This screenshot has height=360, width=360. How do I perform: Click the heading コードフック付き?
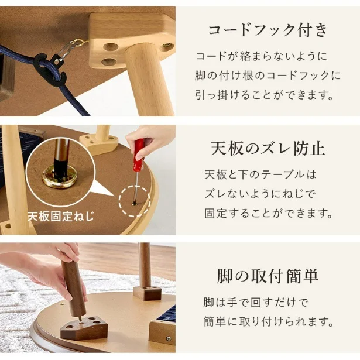(268, 30)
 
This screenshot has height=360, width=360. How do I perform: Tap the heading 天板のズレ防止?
(268, 148)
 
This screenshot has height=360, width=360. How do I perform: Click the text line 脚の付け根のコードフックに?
(268, 76)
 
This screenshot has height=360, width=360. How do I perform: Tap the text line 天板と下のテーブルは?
(260, 174)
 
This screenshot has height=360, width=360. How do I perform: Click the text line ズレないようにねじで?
(260, 193)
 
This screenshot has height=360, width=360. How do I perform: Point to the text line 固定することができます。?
(268, 212)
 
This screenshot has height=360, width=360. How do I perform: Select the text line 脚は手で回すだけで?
(256, 303)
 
